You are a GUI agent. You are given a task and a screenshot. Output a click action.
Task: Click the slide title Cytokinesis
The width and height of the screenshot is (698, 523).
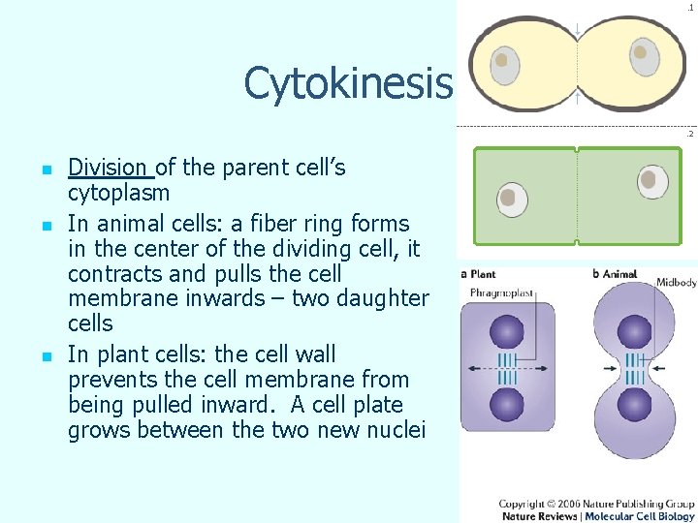pos(348,84)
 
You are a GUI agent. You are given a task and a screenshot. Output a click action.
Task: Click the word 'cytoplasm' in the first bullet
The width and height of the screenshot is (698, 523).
pos(118,194)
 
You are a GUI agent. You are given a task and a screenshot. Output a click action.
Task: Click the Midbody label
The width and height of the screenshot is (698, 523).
pos(676,282)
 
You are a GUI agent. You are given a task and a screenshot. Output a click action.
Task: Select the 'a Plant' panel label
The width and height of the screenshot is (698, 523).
pos(478,274)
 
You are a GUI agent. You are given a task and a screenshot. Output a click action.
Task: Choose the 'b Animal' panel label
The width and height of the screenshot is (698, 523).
pos(615,274)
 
